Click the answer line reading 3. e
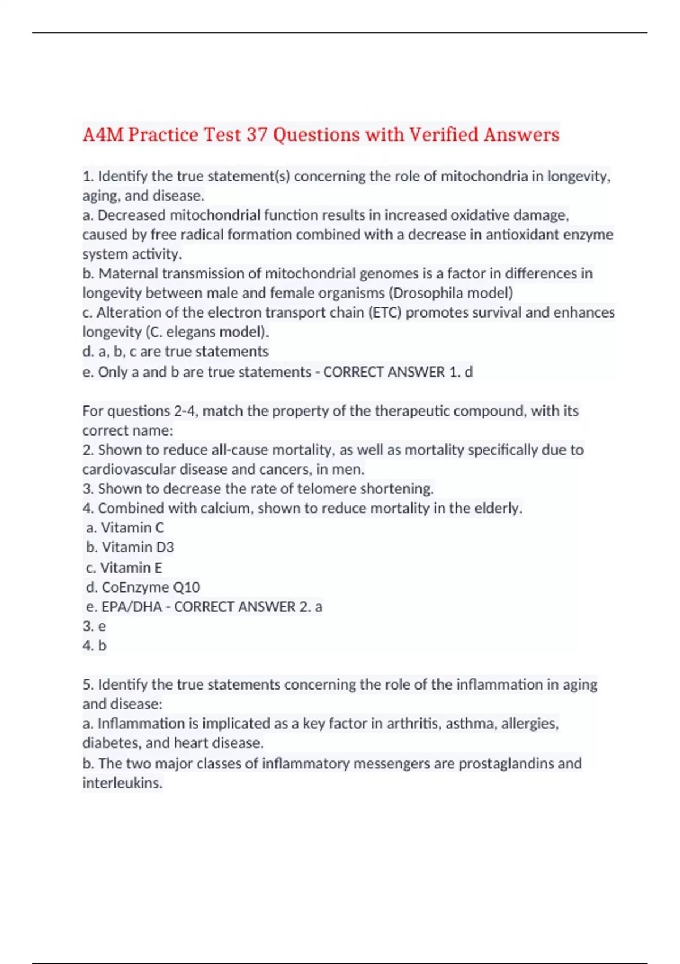[x=94, y=626]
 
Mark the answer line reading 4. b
[x=94, y=646]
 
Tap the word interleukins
[x=122, y=783]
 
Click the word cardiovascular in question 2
[x=129, y=470]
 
